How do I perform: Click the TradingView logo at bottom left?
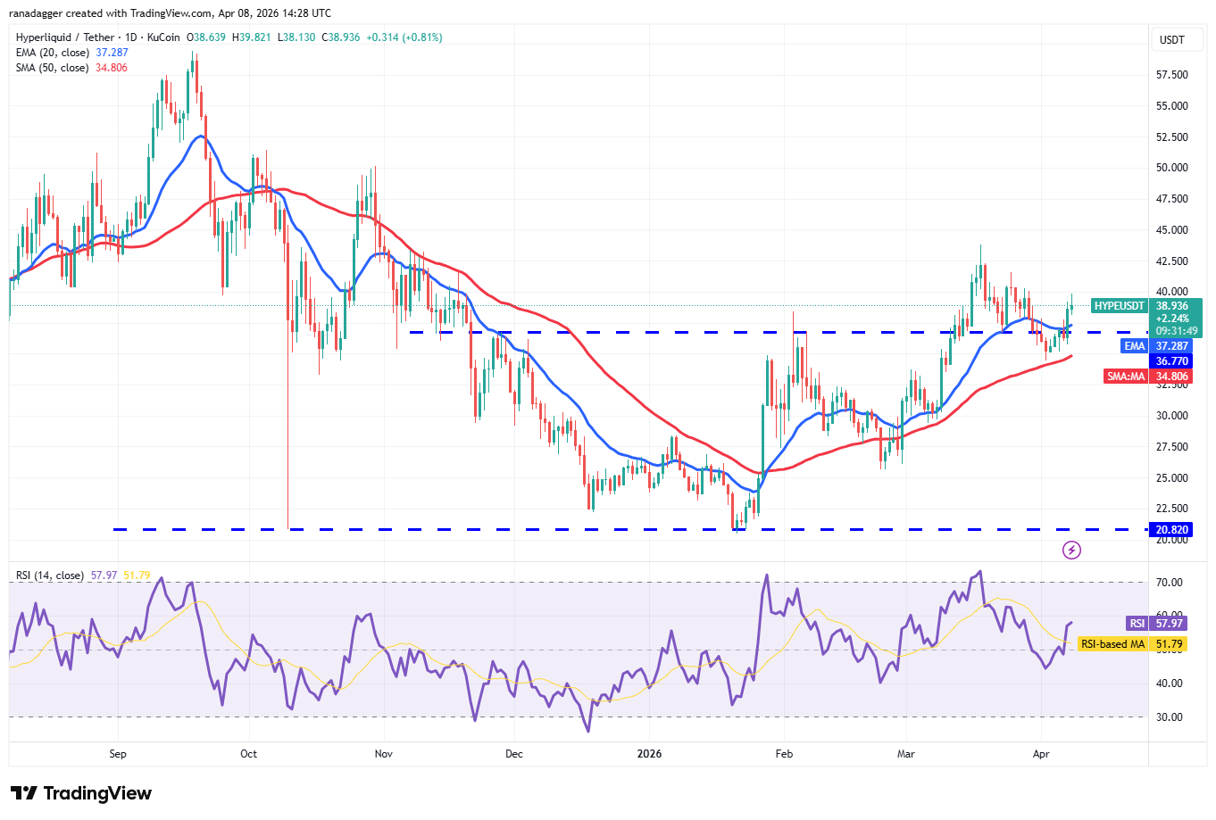click(x=81, y=793)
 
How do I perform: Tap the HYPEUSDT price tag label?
click(x=1119, y=306)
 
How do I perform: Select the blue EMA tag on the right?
click(x=1134, y=346)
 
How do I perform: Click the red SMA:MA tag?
click(x=1126, y=377)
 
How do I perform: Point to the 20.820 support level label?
click(x=1171, y=530)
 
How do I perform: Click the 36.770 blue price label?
click(x=1171, y=361)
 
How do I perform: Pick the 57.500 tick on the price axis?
click(x=1171, y=75)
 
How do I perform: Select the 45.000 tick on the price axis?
click(x=1171, y=230)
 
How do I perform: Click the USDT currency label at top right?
click(x=1171, y=39)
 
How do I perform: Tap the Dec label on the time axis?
click(x=514, y=754)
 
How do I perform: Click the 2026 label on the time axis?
click(x=649, y=754)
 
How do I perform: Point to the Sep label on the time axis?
click(x=118, y=754)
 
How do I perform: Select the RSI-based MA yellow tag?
click(x=1112, y=644)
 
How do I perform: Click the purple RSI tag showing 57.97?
click(x=1137, y=624)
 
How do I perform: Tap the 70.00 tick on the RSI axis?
click(x=1170, y=583)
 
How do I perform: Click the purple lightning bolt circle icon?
click(x=1071, y=550)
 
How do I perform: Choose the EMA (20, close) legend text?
click(x=53, y=53)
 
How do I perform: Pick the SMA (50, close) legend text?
click(x=53, y=68)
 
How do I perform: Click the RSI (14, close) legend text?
click(x=50, y=576)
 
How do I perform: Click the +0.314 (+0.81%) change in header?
click(x=405, y=37)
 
